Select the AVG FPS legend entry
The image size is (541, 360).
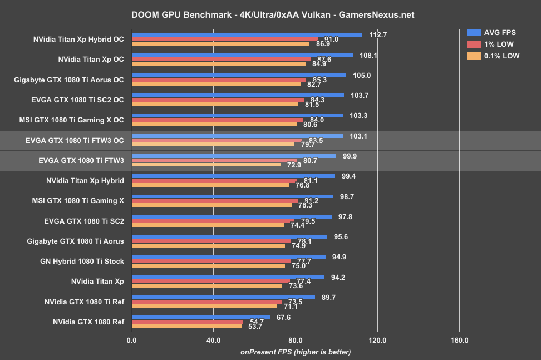coord(496,32)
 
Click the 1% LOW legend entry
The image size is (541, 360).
coord(495,43)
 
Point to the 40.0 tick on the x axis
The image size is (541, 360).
coord(213,340)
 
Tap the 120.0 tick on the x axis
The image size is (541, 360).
coord(377,340)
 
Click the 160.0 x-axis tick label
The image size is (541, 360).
coord(459,340)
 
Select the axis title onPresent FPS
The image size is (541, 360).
coord(295,352)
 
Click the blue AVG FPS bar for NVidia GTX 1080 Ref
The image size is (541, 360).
coord(200,317)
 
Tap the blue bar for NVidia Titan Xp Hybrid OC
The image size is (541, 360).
coord(247,34)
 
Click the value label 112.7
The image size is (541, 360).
coord(378,34)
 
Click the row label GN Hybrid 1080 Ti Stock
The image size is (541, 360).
coord(82,261)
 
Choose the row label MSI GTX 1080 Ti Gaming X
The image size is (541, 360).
coord(79,200)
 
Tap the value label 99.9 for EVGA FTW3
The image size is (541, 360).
coord(350,156)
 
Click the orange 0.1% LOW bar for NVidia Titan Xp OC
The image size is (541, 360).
coord(218,63)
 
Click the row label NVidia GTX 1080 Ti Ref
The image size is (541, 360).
coord(84,302)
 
